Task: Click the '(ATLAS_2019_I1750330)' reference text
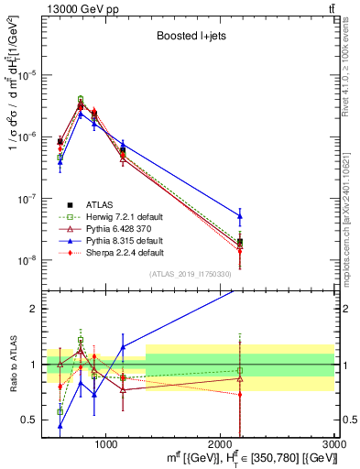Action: (x=190, y=274)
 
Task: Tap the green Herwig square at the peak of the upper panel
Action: (x=81, y=99)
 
